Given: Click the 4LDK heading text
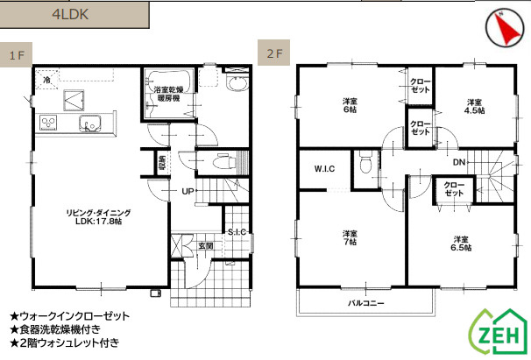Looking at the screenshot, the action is pyautogui.click(x=70, y=15).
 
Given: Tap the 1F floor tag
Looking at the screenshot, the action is pyautogui.click(x=16, y=54).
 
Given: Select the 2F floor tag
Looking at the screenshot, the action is pyautogui.click(x=273, y=53).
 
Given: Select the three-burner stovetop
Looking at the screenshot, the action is pyautogui.click(x=48, y=123).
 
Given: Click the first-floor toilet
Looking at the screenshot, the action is pyautogui.click(x=223, y=161).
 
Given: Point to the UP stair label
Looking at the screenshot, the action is pyautogui.click(x=188, y=191).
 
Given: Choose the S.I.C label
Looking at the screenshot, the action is pyautogui.click(x=237, y=232).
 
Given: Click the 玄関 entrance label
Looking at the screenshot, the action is pyautogui.click(x=206, y=246).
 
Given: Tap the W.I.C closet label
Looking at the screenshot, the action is pyautogui.click(x=324, y=169).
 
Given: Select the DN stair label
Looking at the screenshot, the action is pyautogui.click(x=459, y=163).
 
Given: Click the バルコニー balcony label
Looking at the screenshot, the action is pyautogui.click(x=366, y=303).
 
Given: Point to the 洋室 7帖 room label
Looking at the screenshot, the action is pyautogui.click(x=350, y=237).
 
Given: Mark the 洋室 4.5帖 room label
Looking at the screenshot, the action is pyautogui.click(x=474, y=106).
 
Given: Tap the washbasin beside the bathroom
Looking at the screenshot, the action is pyautogui.click(x=237, y=84).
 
